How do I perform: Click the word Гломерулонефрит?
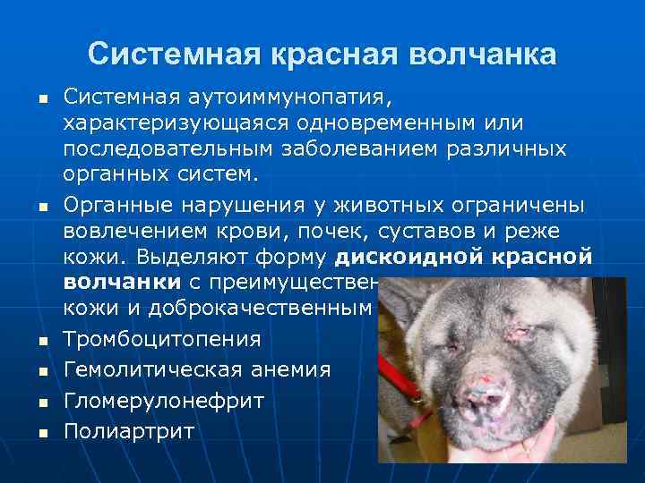(164, 400)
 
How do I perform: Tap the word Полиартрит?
(129, 430)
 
